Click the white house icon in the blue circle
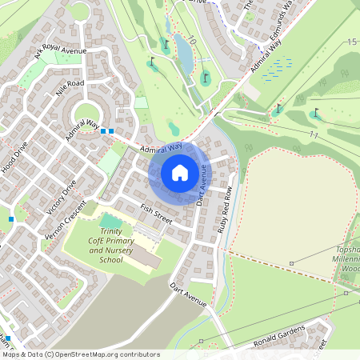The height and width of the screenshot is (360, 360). pyautogui.click(x=180, y=171)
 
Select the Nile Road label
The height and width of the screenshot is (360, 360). pyautogui.click(x=70, y=88)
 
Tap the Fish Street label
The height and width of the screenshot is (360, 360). pyautogui.click(x=157, y=214)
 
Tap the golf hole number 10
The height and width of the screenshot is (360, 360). pyautogui.click(x=192, y=41)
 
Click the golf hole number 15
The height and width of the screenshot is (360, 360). pyautogui.click(x=351, y=42)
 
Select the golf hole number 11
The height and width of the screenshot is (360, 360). pyautogui.click(x=315, y=136)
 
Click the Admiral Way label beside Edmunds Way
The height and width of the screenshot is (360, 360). pyautogui.click(x=266, y=58)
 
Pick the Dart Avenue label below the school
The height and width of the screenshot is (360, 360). pyautogui.click(x=188, y=294)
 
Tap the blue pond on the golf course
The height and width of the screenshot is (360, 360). pyautogui.click(x=183, y=52)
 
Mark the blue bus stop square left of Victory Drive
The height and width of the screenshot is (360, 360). pyautogui.click(x=11, y=218)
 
